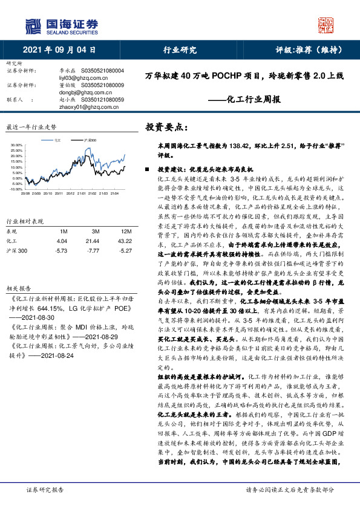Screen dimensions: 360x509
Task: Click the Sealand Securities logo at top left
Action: [61, 25]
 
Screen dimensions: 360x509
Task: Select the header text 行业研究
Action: [180, 51]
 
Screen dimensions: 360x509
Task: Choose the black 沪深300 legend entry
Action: [90, 139]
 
